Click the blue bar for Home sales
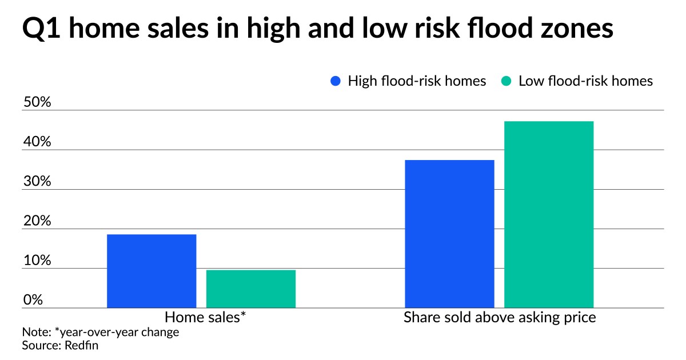(x=151, y=271)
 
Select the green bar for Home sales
(x=251, y=289)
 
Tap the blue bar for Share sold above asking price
(x=449, y=234)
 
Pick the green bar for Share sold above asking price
(x=549, y=215)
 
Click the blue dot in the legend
(x=336, y=81)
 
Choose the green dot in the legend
(x=506, y=81)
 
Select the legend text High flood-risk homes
(x=417, y=81)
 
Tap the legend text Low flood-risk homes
(x=585, y=81)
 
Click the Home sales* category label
(x=206, y=318)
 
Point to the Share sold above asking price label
(x=500, y=318)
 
